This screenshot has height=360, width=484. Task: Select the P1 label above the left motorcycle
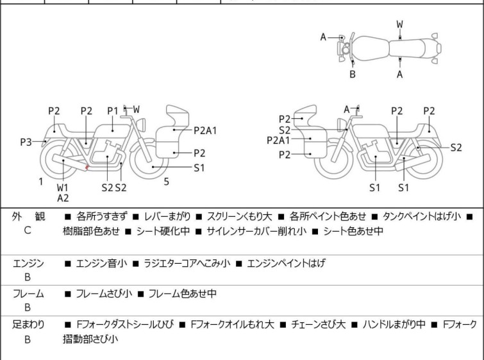click(113, 110)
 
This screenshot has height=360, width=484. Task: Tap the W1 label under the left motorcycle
click(62, 187)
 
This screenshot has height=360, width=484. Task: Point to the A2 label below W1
click(63, 198)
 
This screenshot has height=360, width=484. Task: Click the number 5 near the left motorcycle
click(166, 182)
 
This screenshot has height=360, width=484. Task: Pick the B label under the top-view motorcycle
click(352, 74)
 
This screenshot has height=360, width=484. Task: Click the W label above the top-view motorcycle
click(399, 24)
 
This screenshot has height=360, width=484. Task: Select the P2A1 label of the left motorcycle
click(205, 130)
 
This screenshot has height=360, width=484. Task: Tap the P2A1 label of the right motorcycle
click(279, 140)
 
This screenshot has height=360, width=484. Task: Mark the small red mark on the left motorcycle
click(87, 168)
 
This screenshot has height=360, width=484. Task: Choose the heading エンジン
click(28, 263)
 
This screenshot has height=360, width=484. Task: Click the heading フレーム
click(28, 294)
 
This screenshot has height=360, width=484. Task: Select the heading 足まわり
click(28, 325)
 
